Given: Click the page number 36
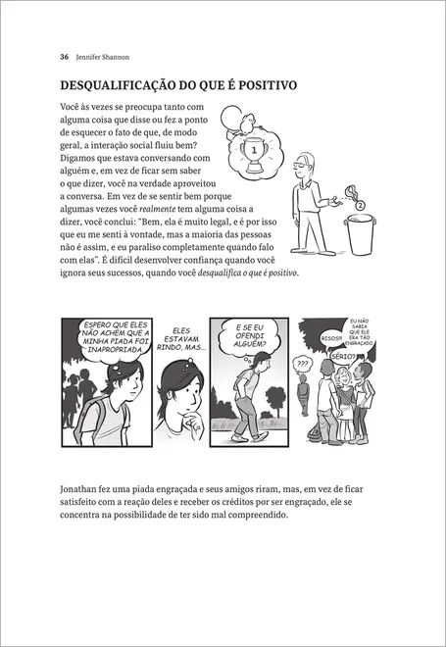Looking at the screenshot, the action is click(65, 56).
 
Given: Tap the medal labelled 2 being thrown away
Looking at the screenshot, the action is click(359, 207).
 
